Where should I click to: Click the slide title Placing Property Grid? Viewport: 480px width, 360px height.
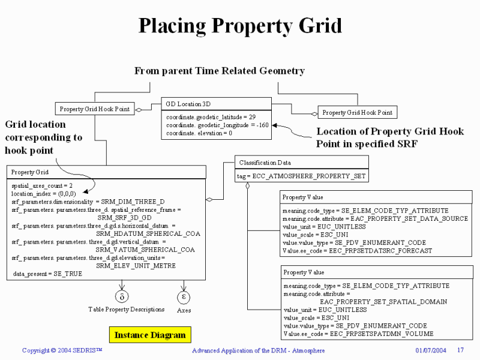(240, 26)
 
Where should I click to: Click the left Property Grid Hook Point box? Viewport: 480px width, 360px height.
(95, 109)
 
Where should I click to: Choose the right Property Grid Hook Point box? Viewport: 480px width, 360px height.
(357, 112)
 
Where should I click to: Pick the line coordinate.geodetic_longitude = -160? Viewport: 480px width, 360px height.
(217, 125)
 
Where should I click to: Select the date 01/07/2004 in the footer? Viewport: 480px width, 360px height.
(431, 350)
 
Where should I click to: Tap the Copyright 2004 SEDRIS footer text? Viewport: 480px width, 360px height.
(62, 350)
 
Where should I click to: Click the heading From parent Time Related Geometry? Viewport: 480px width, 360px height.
(219, 71)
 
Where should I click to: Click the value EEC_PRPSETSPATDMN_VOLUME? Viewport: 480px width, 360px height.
(388, 333)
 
